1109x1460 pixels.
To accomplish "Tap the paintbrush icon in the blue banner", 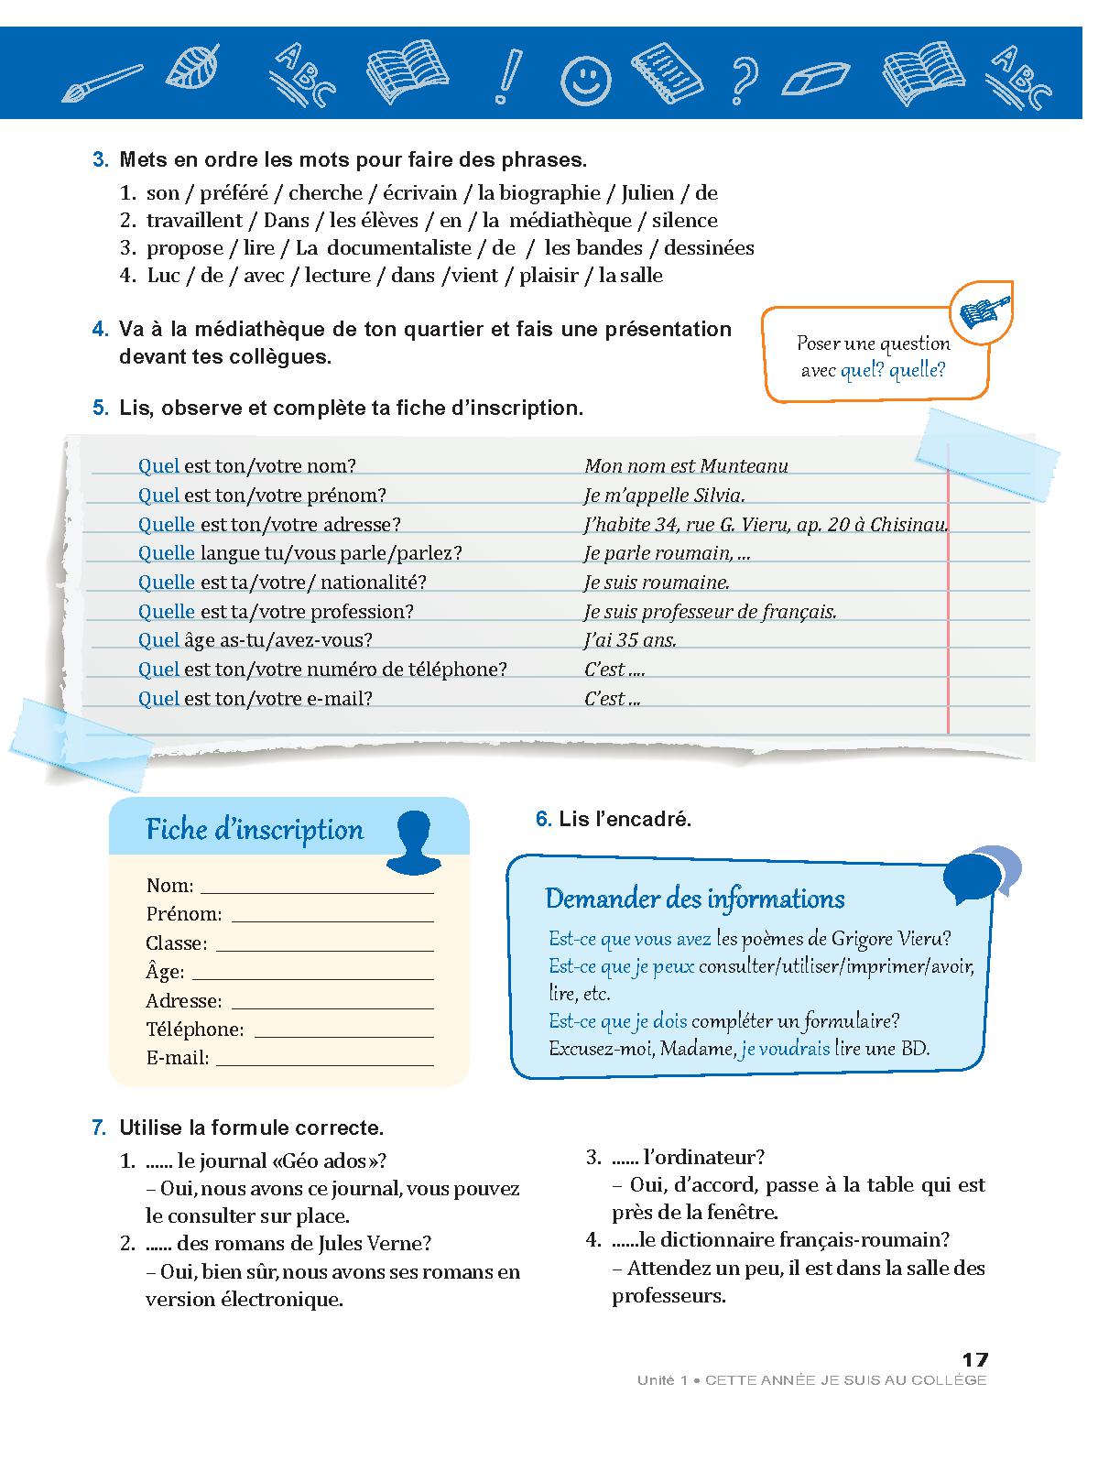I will pos(102,82).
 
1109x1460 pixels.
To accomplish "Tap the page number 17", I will pos(974,1360).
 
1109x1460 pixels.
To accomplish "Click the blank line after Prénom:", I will pos(332,920).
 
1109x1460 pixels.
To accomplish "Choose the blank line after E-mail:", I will pos(324,1064).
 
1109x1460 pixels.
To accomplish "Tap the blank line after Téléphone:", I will pos(343,1036).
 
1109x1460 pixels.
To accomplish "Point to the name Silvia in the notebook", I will pos(720,496).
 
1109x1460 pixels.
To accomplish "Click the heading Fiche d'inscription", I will pos(255,830).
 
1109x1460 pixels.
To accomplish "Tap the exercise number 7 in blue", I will pos(100,1128).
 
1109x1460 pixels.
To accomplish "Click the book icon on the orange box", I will pos(984,311).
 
